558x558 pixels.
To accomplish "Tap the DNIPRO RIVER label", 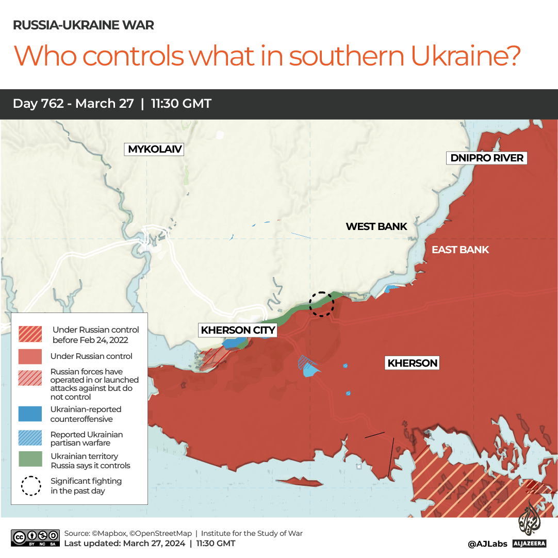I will tap(487, 158).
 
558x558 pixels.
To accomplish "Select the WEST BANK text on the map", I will tap(376, 226).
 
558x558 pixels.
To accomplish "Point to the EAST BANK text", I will tap(460, 250).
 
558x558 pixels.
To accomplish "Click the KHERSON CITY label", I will tap(238, 330).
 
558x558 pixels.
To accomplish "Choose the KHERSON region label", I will tap(413, 363).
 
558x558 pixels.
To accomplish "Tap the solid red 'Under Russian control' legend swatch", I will tap(30, 356).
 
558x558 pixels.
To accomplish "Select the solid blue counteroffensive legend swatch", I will tap(30, 414).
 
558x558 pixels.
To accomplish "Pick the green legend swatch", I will tap(30, 460).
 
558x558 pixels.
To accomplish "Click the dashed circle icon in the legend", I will tap(30, 485).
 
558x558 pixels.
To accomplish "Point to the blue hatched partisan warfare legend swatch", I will tap(30, 438).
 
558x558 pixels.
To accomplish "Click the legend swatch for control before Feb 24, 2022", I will tap(30, 334).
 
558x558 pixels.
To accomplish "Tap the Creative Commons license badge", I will tap(35, 538).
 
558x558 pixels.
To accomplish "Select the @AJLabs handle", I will tap(487, 544).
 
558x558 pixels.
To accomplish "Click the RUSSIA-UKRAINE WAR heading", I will tap(84, 25).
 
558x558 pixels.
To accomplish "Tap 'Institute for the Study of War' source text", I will tap(252, 533).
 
